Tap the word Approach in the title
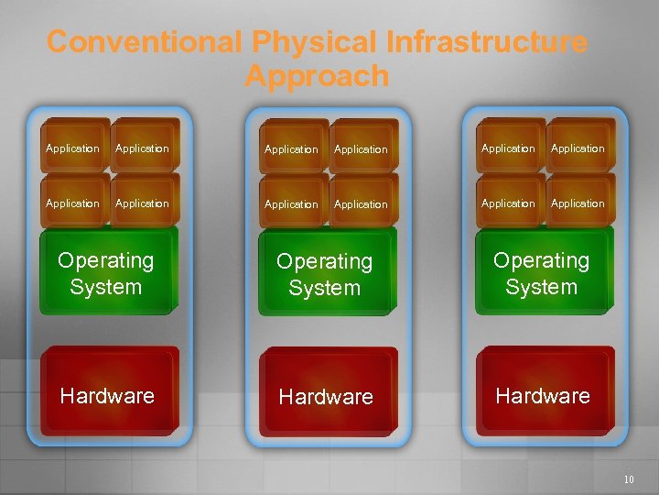point(317,76)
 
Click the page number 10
point(628,479)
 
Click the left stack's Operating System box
point(107,273)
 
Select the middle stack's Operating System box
point(326,274)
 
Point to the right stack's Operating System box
point(542,273)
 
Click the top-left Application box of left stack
point(73,148)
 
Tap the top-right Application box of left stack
point(143,148)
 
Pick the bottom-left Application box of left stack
point(73,203)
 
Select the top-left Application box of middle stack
point(292,148)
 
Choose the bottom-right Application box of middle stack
point(362,203)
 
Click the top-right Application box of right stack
point(578,148)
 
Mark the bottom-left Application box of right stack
point(509,203)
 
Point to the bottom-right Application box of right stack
point(578,203)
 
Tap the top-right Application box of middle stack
point(362,148)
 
